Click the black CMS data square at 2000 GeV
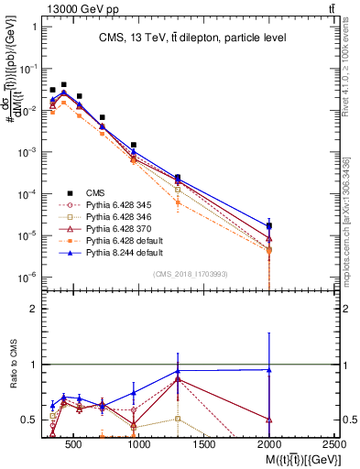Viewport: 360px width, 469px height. [268, 225]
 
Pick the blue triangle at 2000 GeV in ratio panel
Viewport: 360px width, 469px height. [268, 370]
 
